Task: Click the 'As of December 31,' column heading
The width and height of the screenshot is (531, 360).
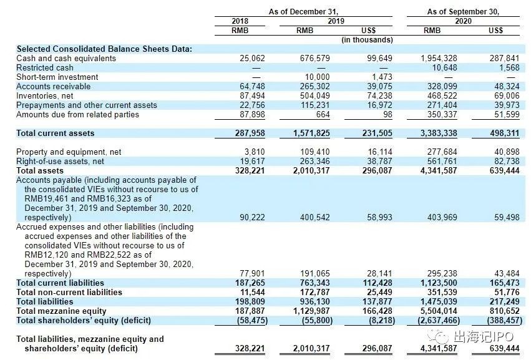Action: click(303, 11)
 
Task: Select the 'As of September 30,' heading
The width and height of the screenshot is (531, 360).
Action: click(464, 11)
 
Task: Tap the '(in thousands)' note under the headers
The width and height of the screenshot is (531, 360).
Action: click(368, 40)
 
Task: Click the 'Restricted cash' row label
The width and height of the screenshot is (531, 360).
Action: click(45, 67)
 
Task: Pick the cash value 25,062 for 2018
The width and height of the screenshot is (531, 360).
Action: click(252, 58)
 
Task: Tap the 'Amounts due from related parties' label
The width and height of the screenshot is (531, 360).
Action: click(78, 114)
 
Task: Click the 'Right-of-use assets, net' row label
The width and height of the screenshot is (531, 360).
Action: click(59, 161)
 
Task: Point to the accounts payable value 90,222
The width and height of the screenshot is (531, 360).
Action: click(252, 217)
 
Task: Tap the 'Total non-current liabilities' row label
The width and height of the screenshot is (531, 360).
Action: click(69, 292)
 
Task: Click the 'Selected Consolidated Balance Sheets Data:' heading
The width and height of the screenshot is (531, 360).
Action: click(104, 49)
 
